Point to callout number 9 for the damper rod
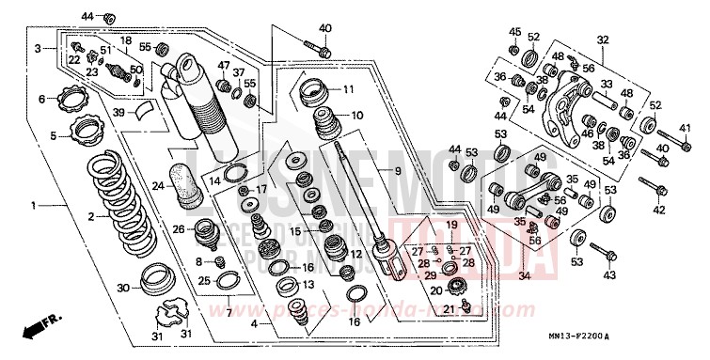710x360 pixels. [397, 170]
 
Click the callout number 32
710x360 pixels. [603, 39]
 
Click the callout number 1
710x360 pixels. [34, 204]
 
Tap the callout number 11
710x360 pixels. [348, 90]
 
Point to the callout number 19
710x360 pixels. [451, 225]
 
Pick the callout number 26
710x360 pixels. [177, 228]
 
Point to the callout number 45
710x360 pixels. [514, 32]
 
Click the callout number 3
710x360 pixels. [39, 46]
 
